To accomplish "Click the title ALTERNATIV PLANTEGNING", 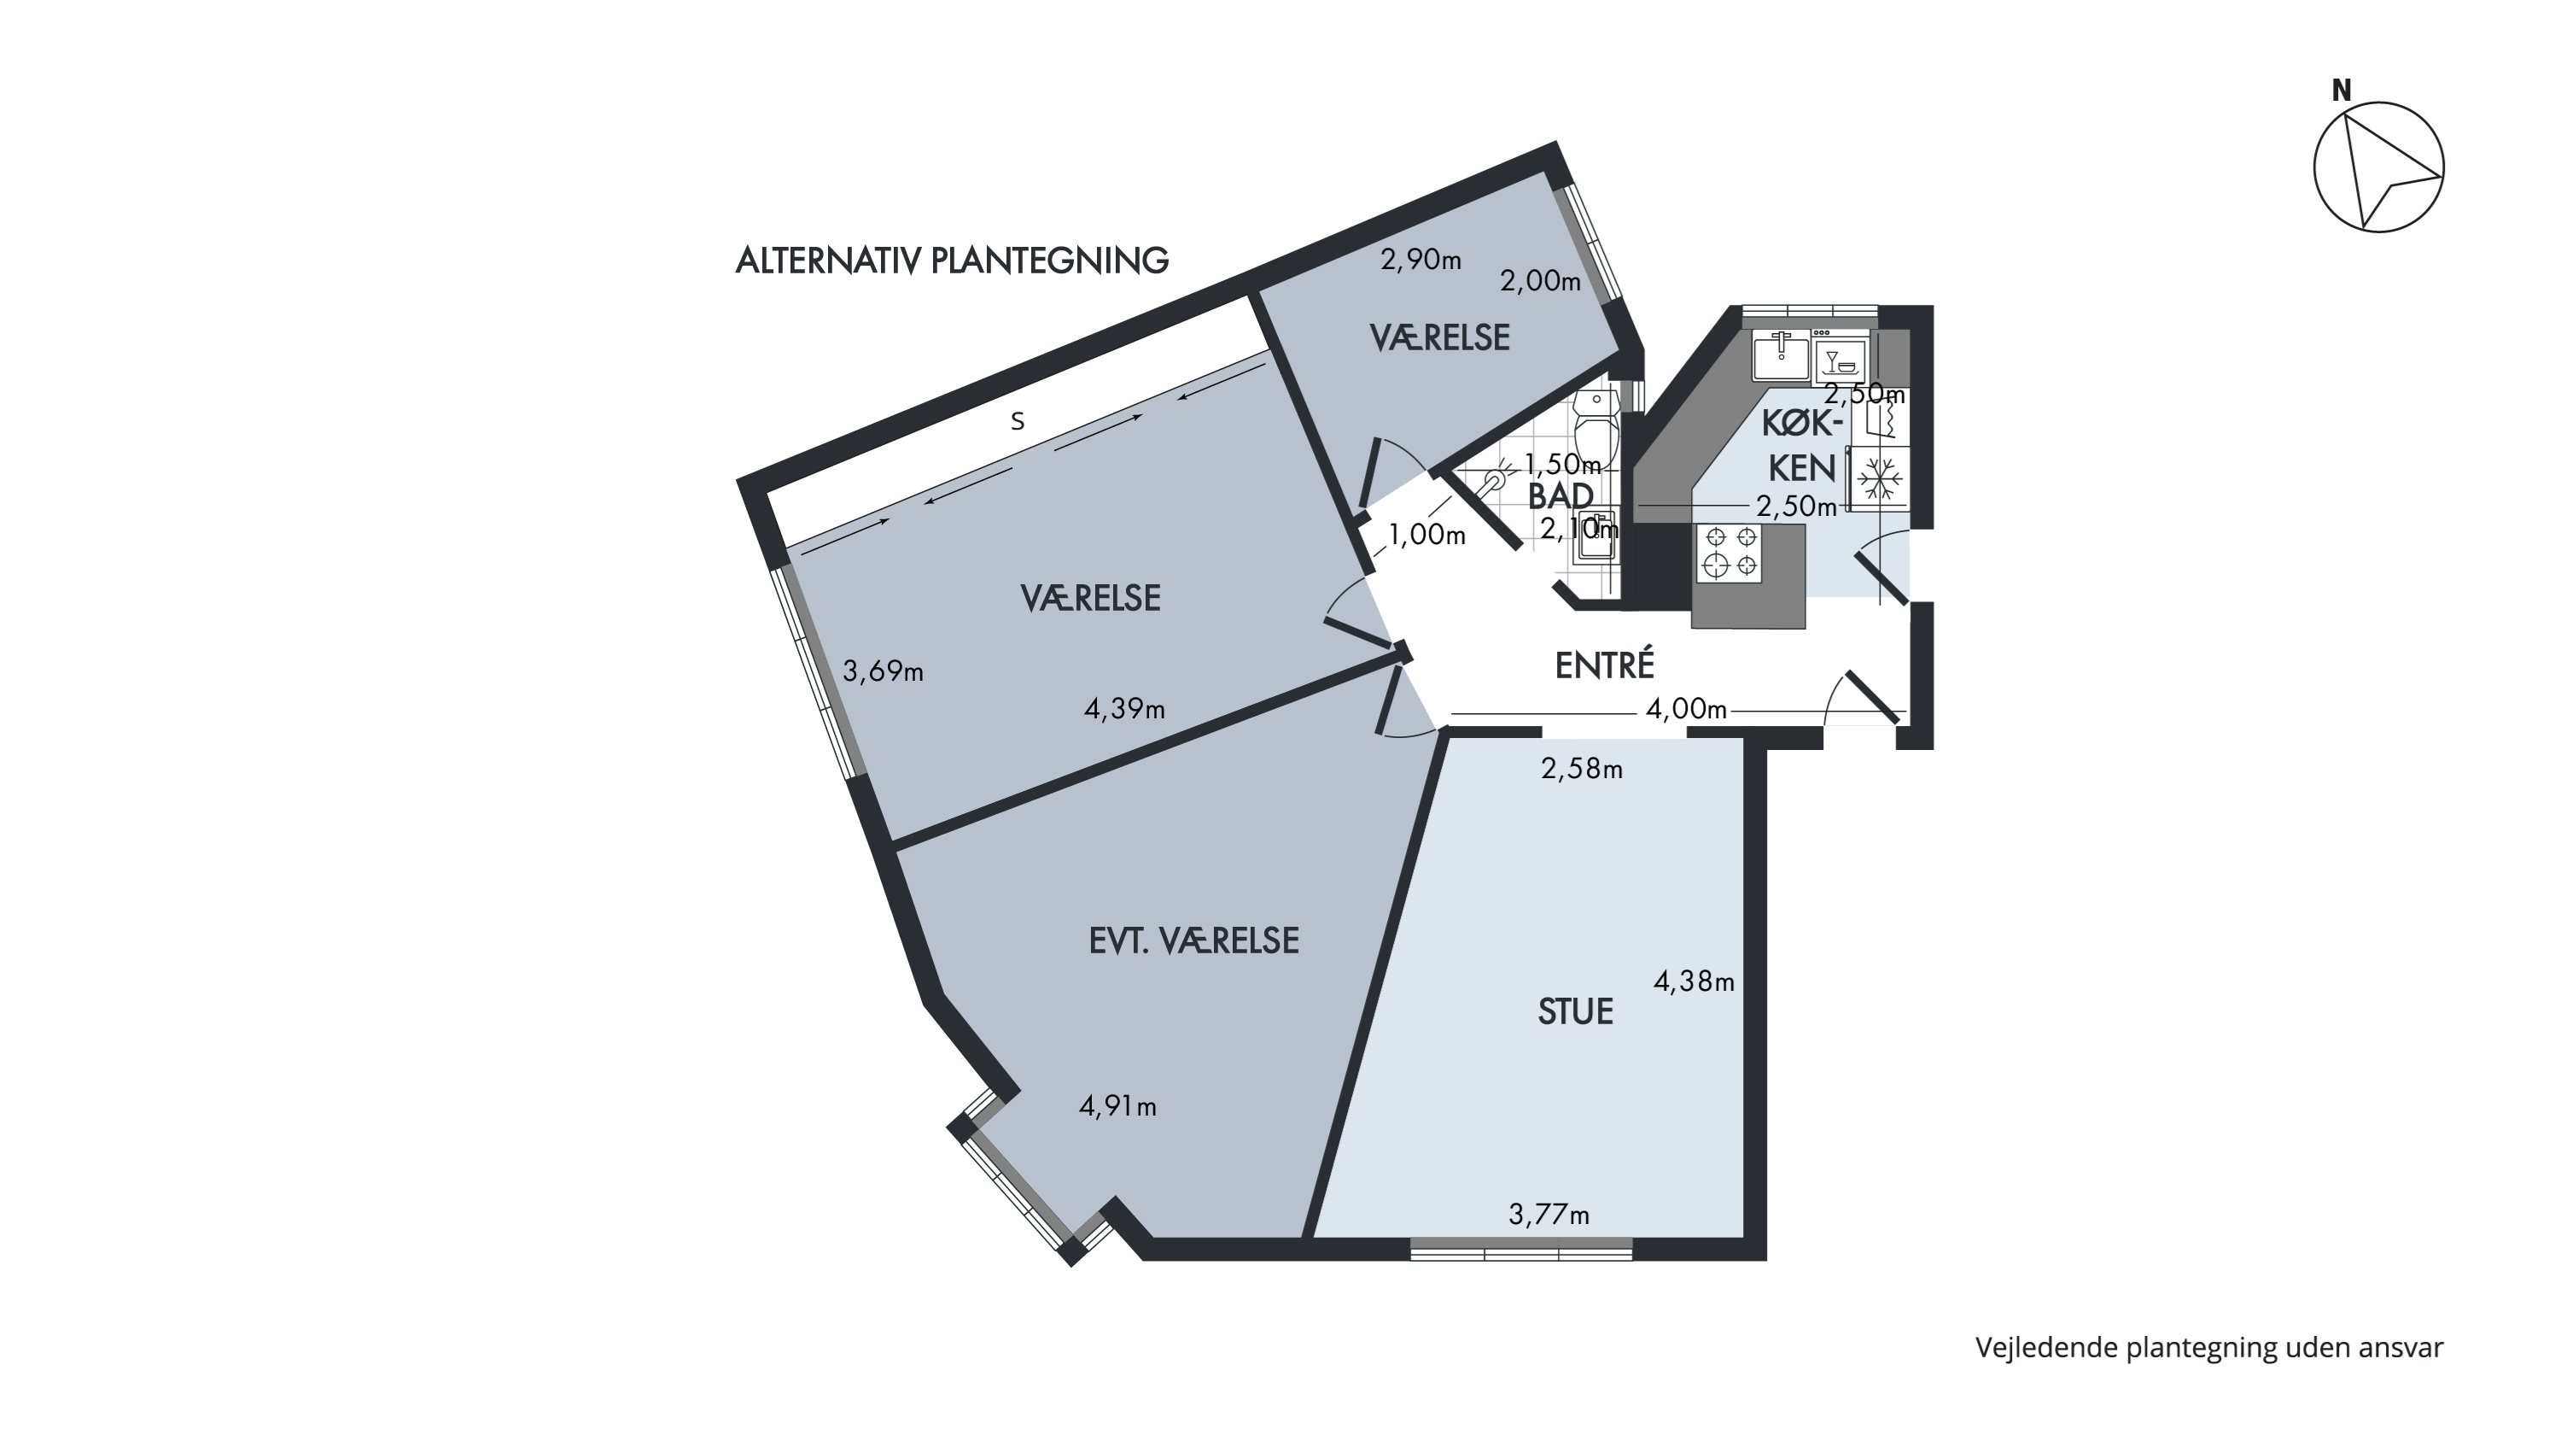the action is tap(952, 261).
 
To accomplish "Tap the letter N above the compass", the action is tap(2342, 91).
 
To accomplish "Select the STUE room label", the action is tap(1575, 1012).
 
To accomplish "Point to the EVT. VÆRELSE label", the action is tap(1194, 940).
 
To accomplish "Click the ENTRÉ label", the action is tap(1605, 665).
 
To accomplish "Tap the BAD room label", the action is tap(1560, 496).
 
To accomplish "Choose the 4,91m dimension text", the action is tap(1117, 1106).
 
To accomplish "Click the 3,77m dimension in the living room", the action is tap(1549, 1215).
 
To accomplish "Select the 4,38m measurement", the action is tap(1694, 981).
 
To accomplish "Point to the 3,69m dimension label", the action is tap(883, 671).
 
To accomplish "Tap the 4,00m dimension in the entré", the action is tap(1686, 709).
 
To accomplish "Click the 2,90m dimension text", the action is tap(1421, 260).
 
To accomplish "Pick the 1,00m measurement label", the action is tap(1426, 535).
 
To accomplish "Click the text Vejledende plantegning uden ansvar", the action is tap(2209, 1348).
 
